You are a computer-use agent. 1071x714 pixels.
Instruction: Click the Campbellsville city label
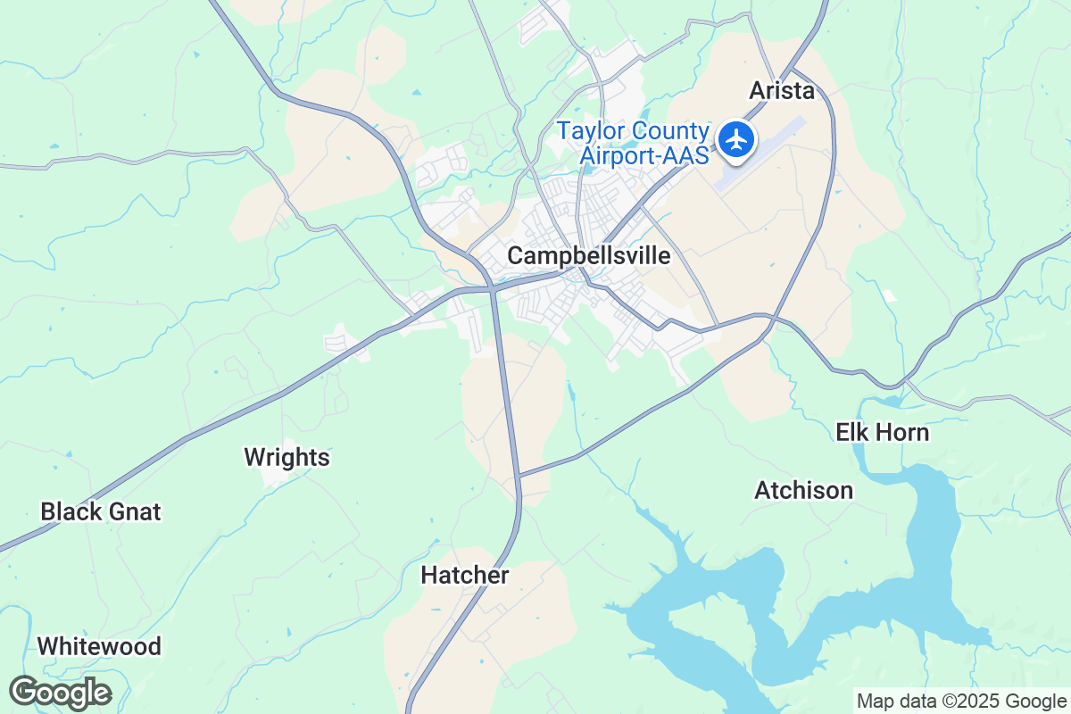588,256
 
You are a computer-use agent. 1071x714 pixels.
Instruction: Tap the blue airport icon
736,140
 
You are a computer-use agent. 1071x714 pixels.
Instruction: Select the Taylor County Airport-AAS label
633,143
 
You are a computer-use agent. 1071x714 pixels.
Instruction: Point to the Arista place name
782,91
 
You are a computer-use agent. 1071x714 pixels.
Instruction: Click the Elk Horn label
882,434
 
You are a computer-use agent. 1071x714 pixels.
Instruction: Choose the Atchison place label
803,491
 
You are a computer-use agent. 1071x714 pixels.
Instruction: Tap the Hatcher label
465,577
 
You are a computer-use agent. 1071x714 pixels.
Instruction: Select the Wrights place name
286,459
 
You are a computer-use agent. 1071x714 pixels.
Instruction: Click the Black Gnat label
101,512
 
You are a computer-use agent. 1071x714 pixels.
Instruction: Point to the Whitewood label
99,646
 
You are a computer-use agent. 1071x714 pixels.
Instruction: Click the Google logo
60,693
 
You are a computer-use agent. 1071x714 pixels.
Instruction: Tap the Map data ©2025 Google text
961,701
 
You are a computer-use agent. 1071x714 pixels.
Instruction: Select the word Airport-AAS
644,155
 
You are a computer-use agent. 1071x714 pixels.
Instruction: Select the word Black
71,512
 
